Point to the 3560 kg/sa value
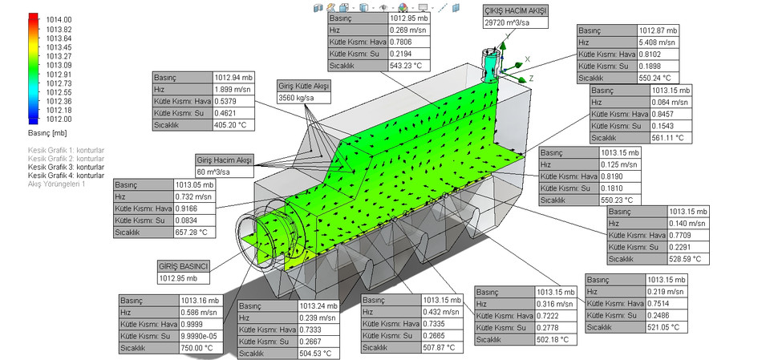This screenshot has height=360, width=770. tap(298, 98)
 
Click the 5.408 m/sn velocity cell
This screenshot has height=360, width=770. tap(657, 42)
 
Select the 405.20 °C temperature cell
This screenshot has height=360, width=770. tap(233, 126)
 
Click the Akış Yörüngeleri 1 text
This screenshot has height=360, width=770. tap(56, 184)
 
